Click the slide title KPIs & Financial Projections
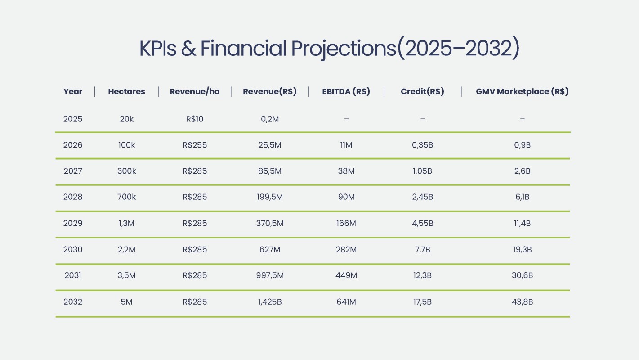329,49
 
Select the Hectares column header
126,92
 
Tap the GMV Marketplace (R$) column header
522,92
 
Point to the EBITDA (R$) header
346,92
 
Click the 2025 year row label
73,119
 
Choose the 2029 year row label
73,224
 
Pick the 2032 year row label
73,302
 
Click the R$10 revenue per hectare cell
195,119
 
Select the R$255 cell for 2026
195,145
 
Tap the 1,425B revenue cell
270,302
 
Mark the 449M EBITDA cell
346,276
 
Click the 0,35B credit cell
422,145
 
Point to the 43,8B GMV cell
522,302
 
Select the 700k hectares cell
126,198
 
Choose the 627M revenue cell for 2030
270,250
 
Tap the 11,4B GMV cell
522,224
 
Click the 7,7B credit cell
422,250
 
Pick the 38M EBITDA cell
346,171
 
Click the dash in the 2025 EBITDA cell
346,119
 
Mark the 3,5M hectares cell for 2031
126,276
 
